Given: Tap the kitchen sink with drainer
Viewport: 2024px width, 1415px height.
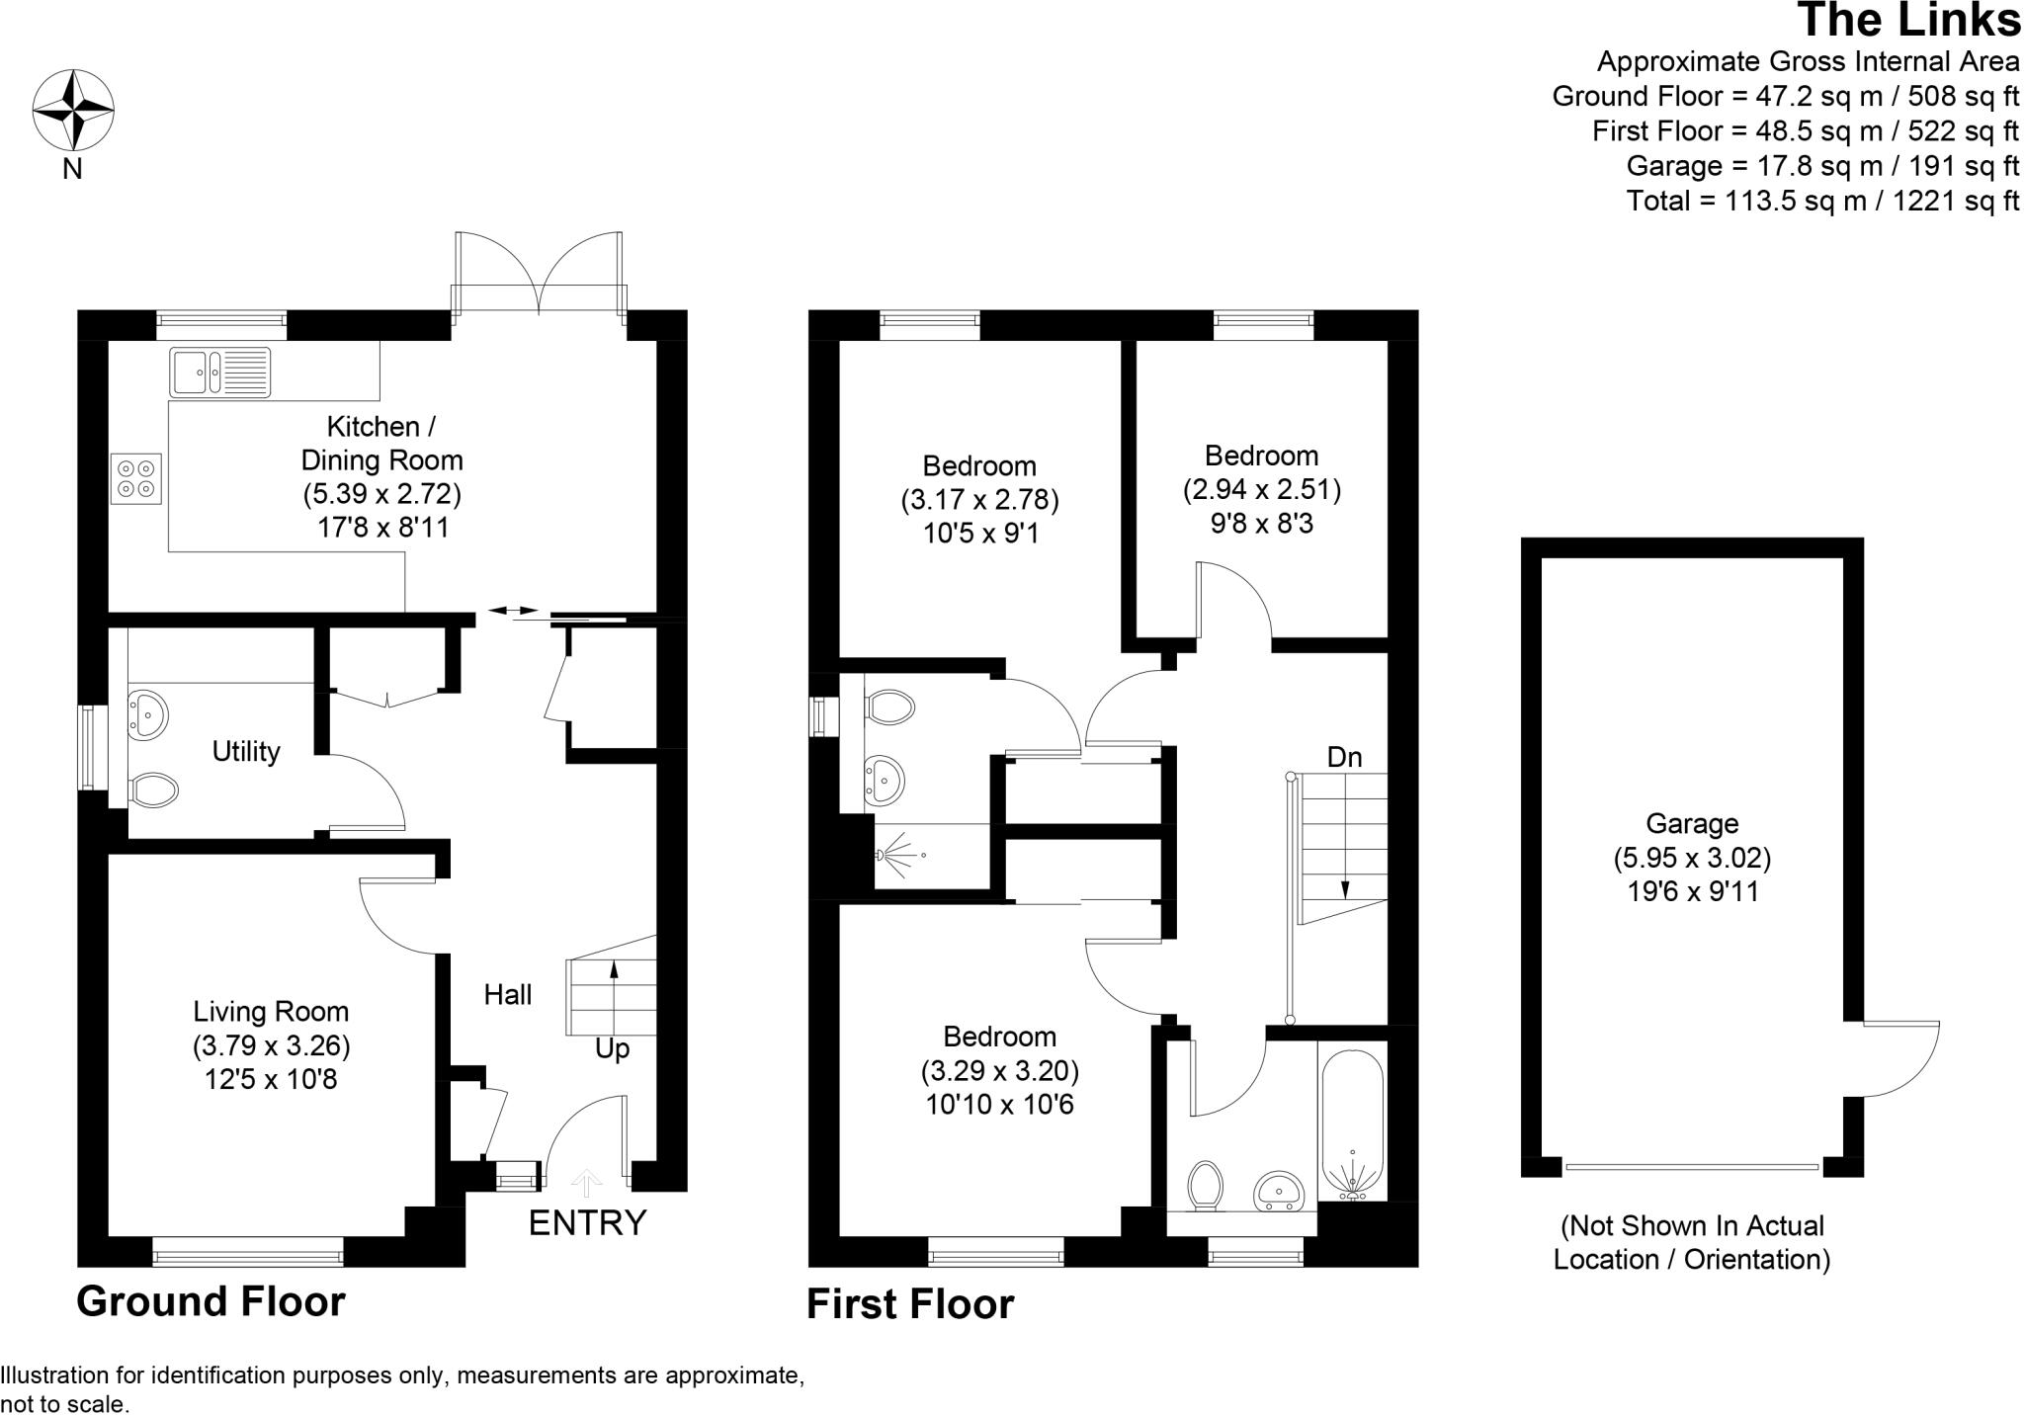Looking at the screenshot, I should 219,373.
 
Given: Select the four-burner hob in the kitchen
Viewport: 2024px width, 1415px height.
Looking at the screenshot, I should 136,479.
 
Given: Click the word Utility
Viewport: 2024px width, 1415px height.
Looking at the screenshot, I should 246,752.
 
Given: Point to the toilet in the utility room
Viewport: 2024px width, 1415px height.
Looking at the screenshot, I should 153,789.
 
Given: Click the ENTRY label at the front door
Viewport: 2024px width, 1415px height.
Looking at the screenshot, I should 587,1223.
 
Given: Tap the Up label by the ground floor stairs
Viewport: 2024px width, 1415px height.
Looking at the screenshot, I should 612,1048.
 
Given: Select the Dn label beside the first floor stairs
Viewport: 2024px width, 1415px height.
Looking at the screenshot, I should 1344,758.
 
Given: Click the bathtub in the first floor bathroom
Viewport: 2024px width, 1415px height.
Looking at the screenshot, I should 1351,1126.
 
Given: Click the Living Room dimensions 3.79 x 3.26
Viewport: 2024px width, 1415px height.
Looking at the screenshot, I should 272,1045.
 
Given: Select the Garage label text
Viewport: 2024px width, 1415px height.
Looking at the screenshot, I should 1692,823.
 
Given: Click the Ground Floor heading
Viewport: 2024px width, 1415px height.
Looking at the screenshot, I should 211,1301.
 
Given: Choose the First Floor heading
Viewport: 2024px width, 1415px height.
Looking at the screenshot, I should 910,1304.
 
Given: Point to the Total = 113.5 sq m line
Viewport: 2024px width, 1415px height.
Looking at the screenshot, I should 1822,201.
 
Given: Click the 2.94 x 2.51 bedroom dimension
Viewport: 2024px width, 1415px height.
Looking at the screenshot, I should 1262,490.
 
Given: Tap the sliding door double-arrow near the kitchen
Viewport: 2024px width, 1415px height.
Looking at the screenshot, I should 514,611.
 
